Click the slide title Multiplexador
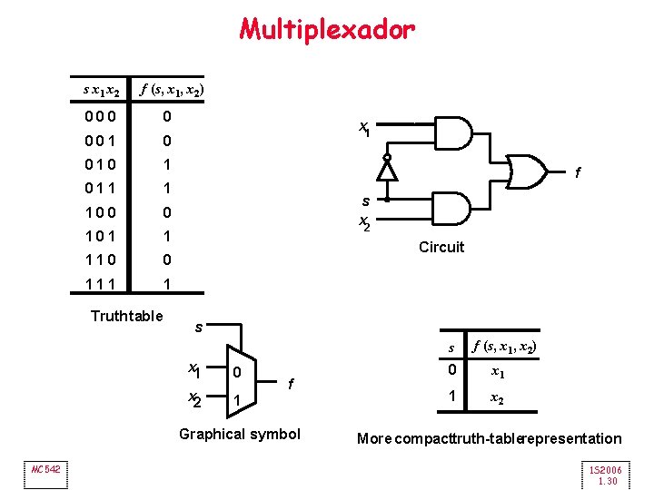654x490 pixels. click(x=327, y=30)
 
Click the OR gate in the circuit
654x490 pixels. click(x=529, y=170)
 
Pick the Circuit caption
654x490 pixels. click(x=441, y=247)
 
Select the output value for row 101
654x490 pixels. click(x=166, y=236)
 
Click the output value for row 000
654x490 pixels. click(x=166, y=117)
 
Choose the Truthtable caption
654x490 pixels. click(x=127, y=316)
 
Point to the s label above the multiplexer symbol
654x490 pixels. click(x=200, y=326)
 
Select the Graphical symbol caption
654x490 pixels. click(x=239, y=434)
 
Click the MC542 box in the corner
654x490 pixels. click(x=45, y=468)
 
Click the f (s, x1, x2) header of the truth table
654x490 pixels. click(x=172, y=90)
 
